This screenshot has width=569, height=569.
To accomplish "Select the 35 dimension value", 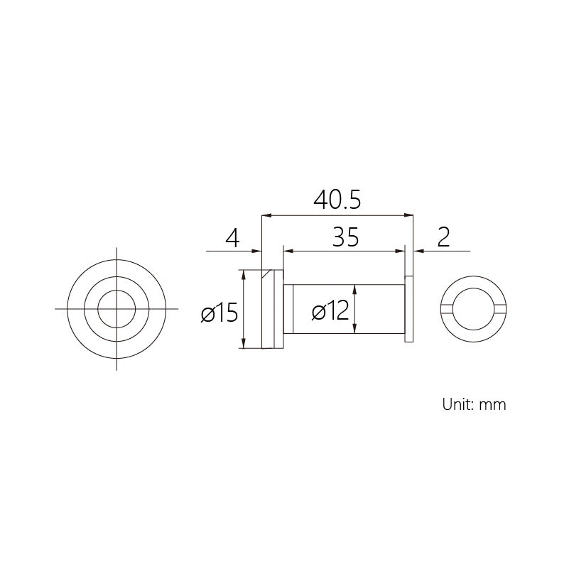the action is point(345,237).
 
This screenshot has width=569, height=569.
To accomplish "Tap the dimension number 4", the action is point(232,239).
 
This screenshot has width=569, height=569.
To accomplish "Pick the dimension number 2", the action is point(443,237).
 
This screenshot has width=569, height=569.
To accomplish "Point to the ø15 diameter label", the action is point(220,313).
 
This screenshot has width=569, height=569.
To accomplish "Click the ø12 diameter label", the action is point(330,311).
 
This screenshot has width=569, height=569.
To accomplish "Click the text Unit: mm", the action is point(474,404).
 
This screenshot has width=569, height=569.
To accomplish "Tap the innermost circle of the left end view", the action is point(116,291).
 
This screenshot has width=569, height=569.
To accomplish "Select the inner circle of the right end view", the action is point(474,288).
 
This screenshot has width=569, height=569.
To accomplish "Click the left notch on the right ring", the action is point(447,309).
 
